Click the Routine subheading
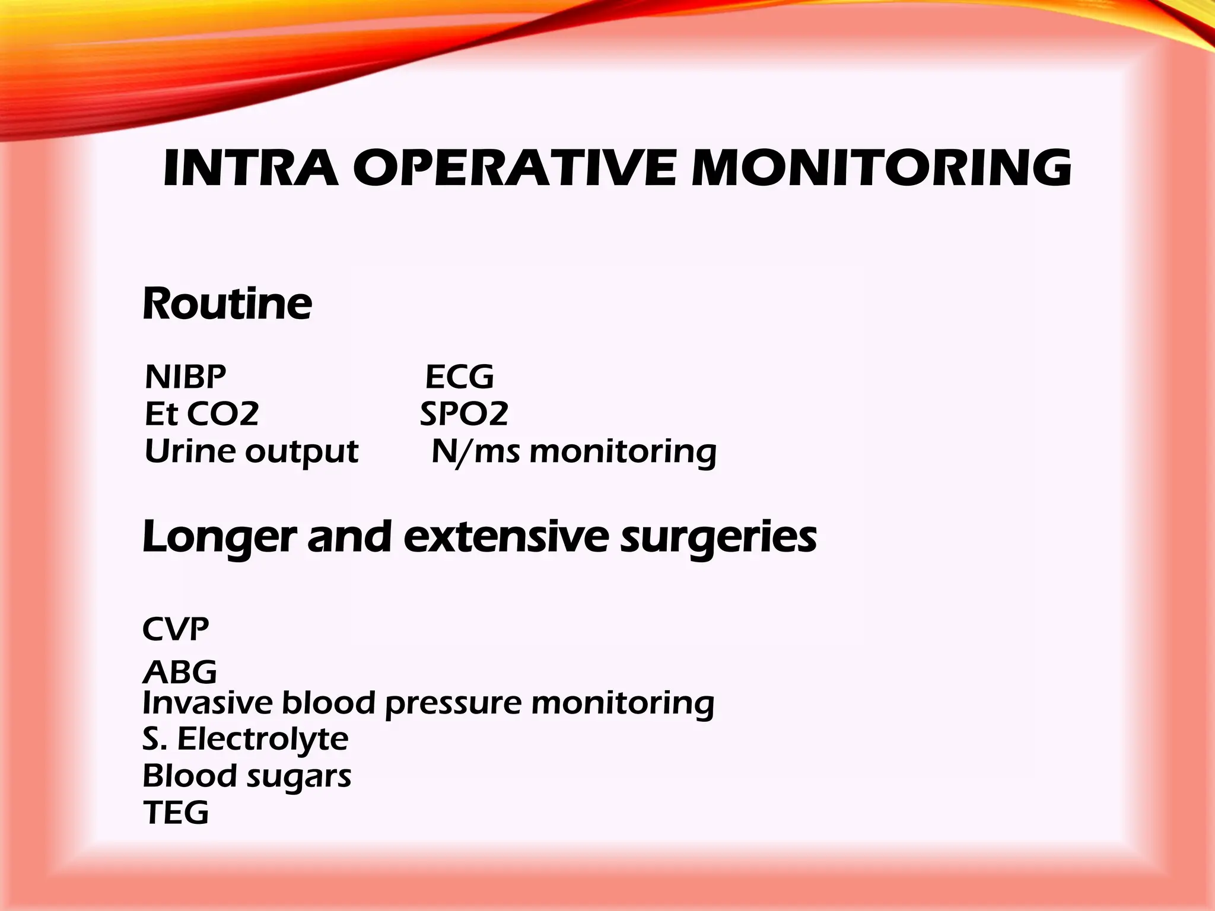click(x=227, y=304)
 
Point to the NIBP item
click(x=186, y=377)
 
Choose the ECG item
click(x=459, y=377)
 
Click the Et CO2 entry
click(x=202, y=413)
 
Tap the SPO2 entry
click(x=464, y=413)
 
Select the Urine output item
click(x=251, y=452)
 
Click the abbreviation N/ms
click(x=475, y=452)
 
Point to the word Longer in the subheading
click(x=219, y=537)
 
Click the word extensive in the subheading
click(x=506, y=537)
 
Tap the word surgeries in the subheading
click(x=718, y=537)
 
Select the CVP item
click(x=176, y=629)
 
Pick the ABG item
click(x=180, y=672)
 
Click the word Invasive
click(x=208, y=703)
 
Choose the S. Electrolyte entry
click(x=246, y=739)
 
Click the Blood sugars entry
click(x=247, y=776)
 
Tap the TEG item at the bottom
click(x=176, y=812)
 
